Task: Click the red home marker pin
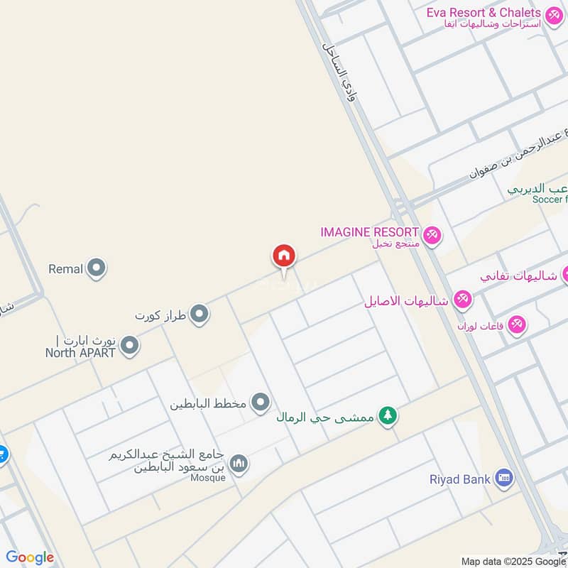[284, 256]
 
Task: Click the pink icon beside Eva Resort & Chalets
[553, 13]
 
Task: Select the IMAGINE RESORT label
[369, 232]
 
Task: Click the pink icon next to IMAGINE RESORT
[431, 234]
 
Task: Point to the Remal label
[66, 269]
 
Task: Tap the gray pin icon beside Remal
[97, 269]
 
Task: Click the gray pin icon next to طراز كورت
[200, 313]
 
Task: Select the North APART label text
[80, 352]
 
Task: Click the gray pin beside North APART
[129, 346]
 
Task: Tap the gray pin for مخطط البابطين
[261, 403]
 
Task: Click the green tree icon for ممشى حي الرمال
[387, 416]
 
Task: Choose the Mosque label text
[208, 477]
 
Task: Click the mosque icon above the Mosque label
[239, 464]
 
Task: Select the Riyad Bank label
[460, 479]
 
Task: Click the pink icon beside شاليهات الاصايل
[462, 300]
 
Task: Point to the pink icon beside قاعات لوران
[517, 324]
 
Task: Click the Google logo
[30, 558]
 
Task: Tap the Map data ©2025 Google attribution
[513, 561]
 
